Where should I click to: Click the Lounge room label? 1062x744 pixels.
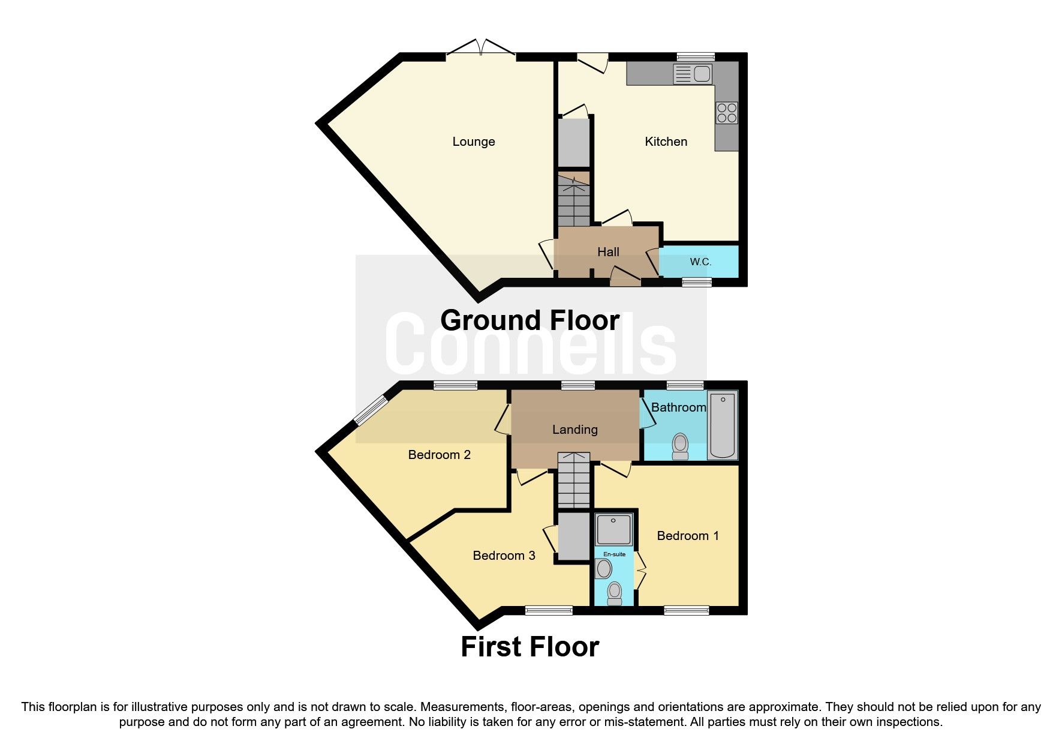(x=473, y=142)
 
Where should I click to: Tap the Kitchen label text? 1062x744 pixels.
(x=666, y=142)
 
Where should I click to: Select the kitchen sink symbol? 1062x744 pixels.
(x=693, y=74)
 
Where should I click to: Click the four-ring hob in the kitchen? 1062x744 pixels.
(x=727, y=113)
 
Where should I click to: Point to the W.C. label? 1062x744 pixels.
(x=700, y=262)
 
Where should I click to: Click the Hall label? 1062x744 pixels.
(x=607, y=252)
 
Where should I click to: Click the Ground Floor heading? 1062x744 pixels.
(x=530, y=320)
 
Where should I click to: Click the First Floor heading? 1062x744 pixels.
(x=530, y=647)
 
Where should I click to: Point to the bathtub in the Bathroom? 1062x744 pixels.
(x=722, y=425)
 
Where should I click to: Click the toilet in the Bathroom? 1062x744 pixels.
(x=680, y=446)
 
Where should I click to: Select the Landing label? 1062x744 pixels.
(x=574, y=430)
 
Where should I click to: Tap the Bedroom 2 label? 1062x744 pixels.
(x=439, y=455)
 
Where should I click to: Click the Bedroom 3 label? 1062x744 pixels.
(x=504, y=556)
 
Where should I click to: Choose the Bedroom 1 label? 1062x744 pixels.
(x=687, y=536)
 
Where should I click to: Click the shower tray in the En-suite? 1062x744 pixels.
(x=613, y=529)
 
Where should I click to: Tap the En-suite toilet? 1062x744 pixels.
(x=614, y=593)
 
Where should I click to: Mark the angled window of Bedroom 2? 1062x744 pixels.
(x=371, y=409)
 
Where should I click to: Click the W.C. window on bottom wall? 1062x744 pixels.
(x=696, y=282)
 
